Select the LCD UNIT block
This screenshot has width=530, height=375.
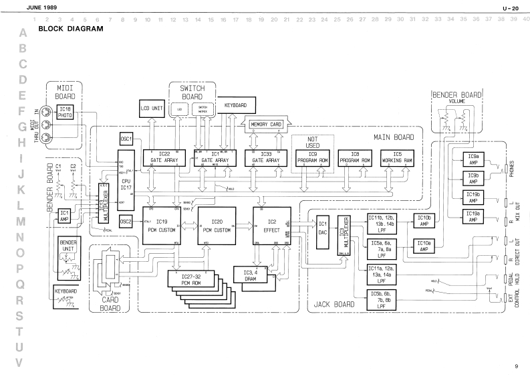(152, 107)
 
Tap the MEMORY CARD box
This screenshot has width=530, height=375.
(266, 124)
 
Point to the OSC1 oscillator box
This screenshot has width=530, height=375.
(126, 138)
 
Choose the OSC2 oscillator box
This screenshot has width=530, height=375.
(126, 220)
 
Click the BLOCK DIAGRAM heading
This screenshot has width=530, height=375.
(71, 29)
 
